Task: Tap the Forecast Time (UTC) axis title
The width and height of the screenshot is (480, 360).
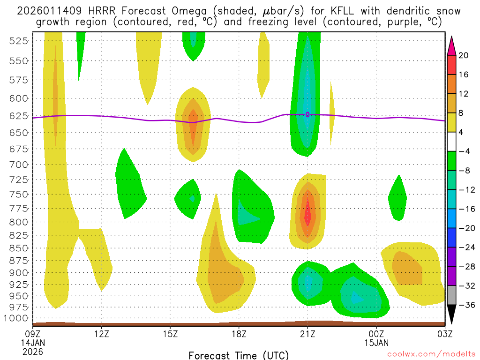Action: coord(239,355)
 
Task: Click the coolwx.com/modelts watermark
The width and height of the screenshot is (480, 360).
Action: coord(427,355)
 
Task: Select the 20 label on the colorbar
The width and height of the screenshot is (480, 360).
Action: coord(464,55)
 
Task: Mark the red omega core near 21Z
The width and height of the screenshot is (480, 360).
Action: coord(307,214)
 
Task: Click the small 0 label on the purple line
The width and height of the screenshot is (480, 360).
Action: coord(307,114)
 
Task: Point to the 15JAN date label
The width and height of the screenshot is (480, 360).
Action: coord(376,343)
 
